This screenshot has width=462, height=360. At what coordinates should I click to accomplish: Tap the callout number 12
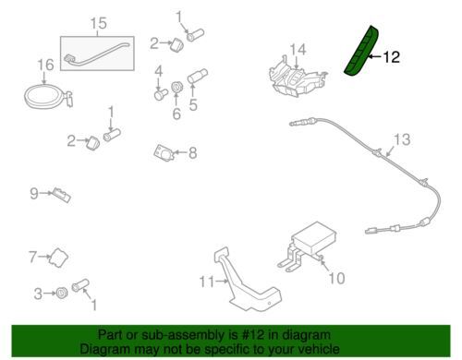point(392,57)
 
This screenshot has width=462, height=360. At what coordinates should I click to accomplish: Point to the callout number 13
point(400,140)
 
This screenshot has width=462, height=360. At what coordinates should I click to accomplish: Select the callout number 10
point(336,276)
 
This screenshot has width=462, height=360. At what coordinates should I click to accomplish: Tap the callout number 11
point(206,280)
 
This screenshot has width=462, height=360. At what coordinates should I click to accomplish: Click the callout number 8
point(192,152)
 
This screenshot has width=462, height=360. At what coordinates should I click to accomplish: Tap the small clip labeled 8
point(165,151)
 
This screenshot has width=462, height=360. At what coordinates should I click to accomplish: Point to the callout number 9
point(33,193)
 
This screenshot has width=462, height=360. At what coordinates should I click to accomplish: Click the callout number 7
point(32,256)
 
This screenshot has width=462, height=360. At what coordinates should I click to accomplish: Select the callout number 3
point(38,294)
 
